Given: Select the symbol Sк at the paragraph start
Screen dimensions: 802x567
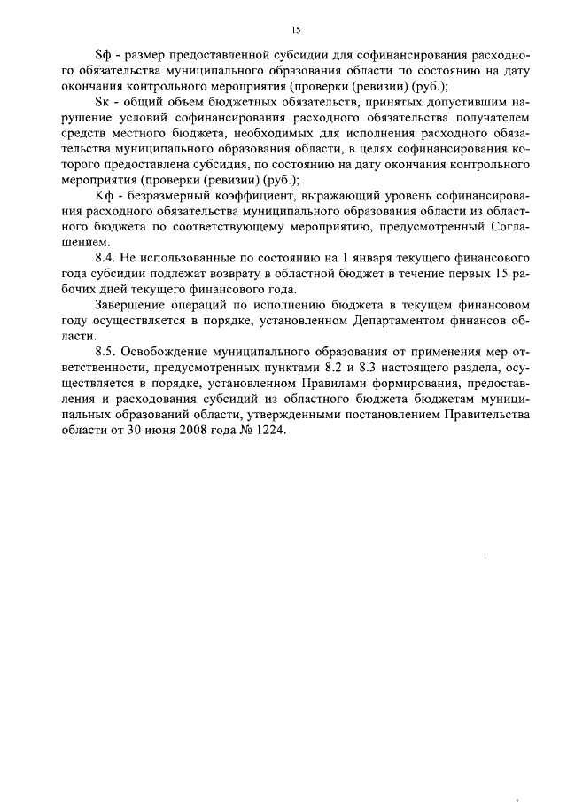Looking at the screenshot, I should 101,104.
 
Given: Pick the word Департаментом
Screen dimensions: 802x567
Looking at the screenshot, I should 392,322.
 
